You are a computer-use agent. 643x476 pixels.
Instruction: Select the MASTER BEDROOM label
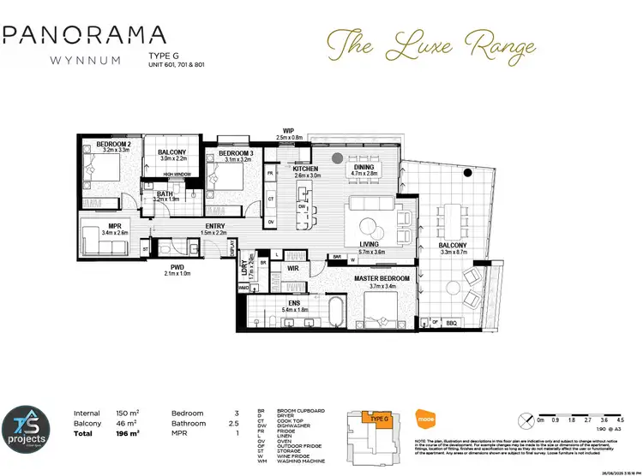(382, 279)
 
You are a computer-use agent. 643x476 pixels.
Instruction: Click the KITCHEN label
(305, 169)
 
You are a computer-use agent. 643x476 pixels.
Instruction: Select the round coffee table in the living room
(370, 227)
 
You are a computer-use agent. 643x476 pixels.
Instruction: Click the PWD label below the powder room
(177, 266)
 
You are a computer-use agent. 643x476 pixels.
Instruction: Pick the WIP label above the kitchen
(289, 131)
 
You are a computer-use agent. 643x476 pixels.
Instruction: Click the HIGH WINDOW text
(177, 173)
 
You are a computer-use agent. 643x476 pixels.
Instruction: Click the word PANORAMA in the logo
(83, 35)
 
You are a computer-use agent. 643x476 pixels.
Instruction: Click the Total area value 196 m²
(126, 433)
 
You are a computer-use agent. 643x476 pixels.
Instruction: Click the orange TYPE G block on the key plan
(376, 418)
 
